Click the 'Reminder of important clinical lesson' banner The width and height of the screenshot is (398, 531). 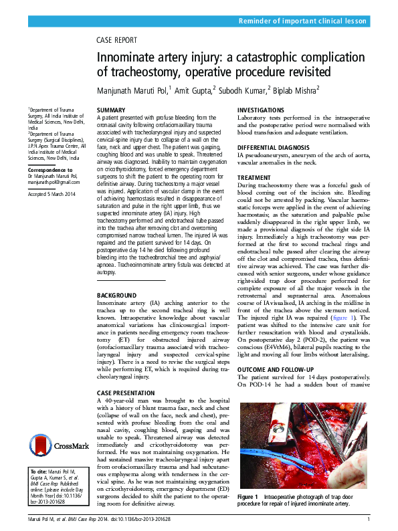point(302,21)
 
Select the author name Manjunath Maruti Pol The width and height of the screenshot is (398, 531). point(132,89)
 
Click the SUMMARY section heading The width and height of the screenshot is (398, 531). point(111,109)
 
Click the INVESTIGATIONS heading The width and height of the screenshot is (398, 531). point(266,109)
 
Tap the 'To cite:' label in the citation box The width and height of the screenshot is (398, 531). point(38,472)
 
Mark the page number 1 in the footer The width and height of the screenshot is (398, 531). point(369,519)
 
